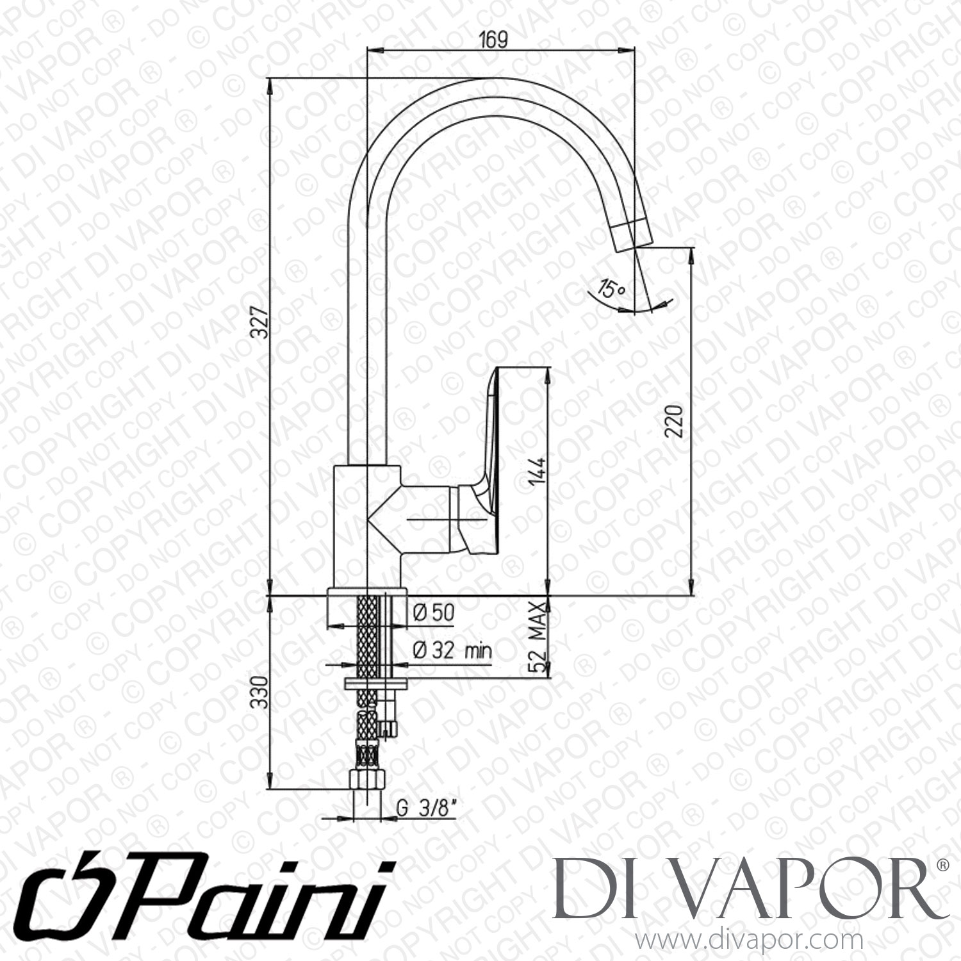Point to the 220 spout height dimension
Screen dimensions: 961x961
coord(677,420)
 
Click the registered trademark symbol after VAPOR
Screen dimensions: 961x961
coord(942,865)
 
